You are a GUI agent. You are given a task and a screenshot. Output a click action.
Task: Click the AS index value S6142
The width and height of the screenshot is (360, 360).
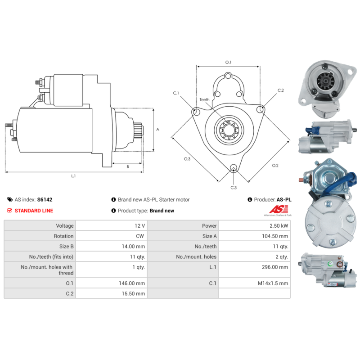pos(45,199)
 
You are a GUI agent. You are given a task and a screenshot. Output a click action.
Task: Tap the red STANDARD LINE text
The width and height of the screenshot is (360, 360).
pos(34,211)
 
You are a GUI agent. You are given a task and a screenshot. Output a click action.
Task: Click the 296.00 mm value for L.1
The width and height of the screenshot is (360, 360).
pos(275,267)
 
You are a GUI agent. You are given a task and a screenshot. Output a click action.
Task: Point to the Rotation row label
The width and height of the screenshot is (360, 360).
pos(63,236)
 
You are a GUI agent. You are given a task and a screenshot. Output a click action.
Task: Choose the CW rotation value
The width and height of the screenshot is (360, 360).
pos(140,236)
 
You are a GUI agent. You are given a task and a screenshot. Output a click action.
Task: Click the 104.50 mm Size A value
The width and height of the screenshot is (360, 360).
pos(275,236)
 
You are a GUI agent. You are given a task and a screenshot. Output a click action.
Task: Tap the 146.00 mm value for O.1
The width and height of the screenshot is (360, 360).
pos(132,283)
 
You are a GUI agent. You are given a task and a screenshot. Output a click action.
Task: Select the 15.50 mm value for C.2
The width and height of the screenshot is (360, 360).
pos(133,294)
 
